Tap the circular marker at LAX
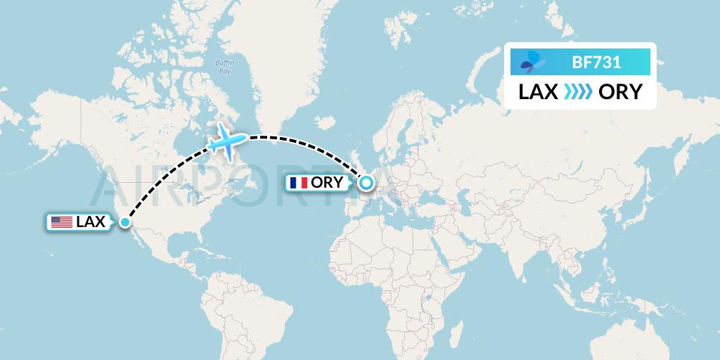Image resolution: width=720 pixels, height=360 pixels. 124,222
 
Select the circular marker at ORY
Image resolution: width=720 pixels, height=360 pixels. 366,184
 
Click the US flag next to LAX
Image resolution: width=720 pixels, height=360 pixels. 62,222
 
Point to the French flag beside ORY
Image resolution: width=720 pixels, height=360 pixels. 299,184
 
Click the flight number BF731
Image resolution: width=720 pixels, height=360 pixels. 596,63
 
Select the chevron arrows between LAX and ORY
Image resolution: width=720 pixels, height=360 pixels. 578,91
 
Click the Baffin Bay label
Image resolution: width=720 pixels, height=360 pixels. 224,67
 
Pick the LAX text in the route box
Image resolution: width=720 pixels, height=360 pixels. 539,91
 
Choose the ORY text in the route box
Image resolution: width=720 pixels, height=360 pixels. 620,91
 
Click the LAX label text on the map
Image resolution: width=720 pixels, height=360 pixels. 90,222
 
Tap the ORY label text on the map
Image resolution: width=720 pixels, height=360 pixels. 328,184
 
